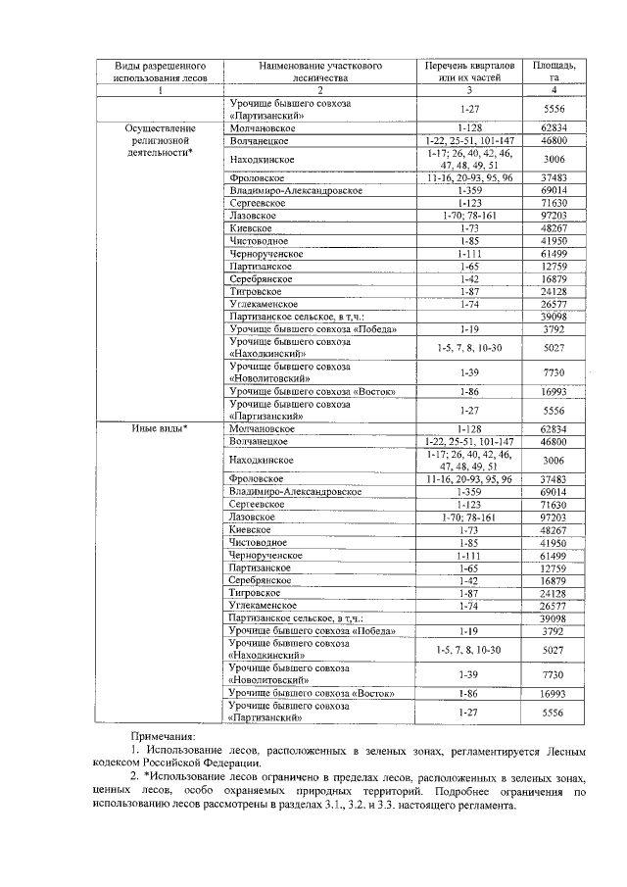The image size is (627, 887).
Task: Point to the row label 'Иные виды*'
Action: (x=161, y=428)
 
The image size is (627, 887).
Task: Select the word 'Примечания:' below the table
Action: (x=165, y=735)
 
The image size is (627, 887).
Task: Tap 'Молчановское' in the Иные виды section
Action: (x=262, y=428)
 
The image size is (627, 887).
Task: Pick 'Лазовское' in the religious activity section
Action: (x=253, y=215)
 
